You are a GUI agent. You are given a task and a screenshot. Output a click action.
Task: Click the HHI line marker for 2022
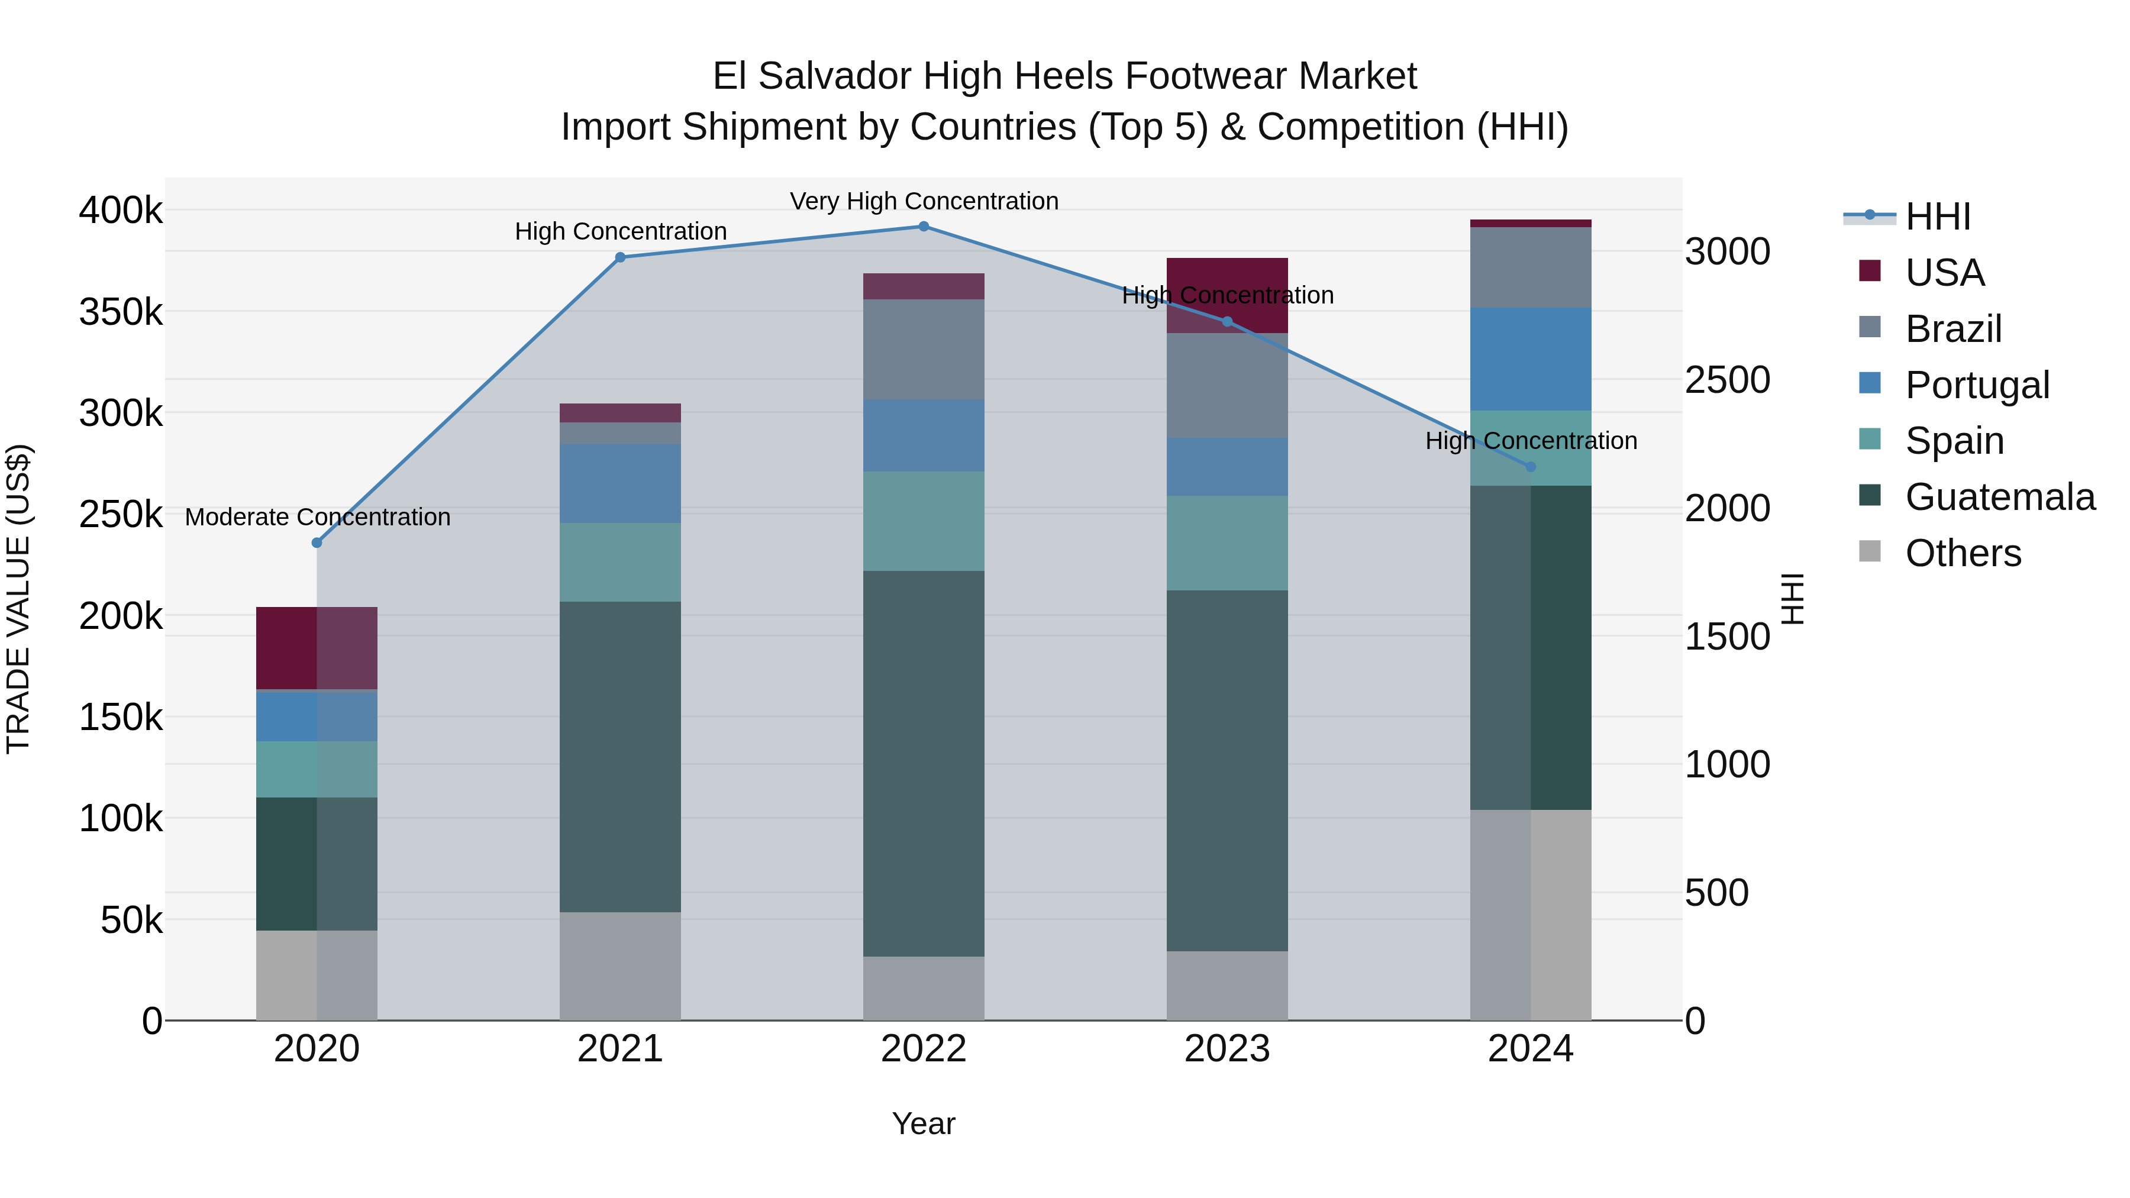924,227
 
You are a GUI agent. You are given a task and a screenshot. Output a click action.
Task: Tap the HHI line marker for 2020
317,543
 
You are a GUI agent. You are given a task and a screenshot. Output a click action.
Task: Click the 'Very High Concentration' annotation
924,201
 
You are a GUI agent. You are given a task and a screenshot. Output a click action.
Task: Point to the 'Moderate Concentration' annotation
318,516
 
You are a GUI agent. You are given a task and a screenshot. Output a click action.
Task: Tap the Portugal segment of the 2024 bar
1531,359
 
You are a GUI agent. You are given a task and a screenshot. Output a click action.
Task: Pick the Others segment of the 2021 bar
620,965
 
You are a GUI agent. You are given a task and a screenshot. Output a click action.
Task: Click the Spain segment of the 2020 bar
317,769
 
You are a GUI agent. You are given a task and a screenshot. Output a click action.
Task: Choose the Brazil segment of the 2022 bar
924,349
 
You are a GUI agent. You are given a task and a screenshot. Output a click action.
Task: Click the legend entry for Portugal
1976,385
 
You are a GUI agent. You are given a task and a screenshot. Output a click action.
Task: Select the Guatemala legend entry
1999,497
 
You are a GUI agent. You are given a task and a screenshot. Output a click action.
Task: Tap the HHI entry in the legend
1937,217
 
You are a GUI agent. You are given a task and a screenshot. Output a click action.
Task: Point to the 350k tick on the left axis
121,312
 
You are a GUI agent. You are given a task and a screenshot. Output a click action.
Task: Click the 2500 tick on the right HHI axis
1727,380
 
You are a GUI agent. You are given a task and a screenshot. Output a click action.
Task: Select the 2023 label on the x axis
1227,1049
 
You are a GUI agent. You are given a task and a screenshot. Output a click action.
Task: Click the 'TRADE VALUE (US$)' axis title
18,599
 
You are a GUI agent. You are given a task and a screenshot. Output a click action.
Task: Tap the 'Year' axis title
924,1123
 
